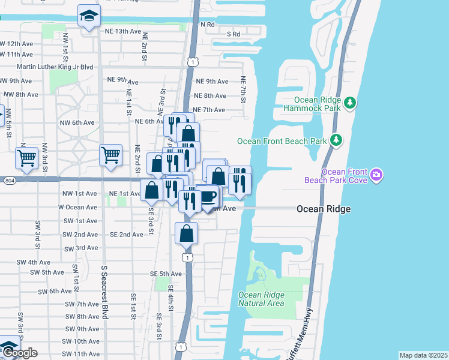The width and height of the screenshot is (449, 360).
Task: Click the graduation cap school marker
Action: (x=89, y=17)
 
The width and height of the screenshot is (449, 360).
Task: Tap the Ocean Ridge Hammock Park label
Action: (x=318, y=104)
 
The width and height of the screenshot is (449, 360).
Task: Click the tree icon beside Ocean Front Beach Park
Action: (x=337, y=140)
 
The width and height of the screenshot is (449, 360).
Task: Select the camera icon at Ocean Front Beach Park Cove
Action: (x=376, y=175)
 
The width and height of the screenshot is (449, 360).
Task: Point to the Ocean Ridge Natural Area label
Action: (x=261, y=299)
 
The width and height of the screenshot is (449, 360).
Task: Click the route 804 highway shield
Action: (x=8, y=179)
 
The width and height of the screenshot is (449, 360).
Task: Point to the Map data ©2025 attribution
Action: (x=423, y=355)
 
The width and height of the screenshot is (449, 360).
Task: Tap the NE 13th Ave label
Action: (x=125, y=31)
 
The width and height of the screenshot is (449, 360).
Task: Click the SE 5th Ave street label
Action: (x=166, y=274)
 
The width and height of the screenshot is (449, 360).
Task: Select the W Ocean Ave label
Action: (x=77, y=207)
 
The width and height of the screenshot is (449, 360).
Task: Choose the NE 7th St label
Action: (x=244, y=88)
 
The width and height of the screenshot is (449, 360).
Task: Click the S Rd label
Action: (x=233, y=34)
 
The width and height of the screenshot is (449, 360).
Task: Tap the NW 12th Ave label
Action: (x=16, y=44)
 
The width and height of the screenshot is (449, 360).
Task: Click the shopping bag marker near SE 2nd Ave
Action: (x=187, y=233)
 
